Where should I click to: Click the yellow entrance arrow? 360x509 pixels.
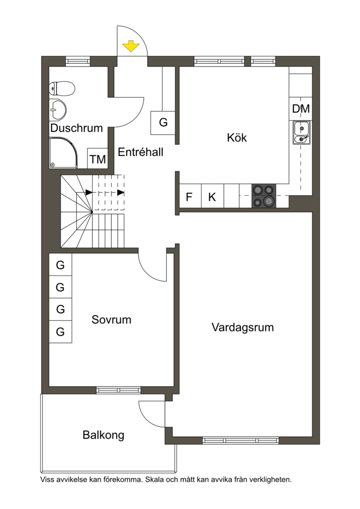(x=131, y=46)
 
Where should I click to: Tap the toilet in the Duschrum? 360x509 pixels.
(x=62, y=88)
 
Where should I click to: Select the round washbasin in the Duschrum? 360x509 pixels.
(x=58, y=109)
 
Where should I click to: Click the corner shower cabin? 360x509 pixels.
(x=63, y=153)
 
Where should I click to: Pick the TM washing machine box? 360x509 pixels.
(x=98, y=159)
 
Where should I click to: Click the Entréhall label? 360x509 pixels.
(x=140, y=152)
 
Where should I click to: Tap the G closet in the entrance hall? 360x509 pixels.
(x=163, y=123)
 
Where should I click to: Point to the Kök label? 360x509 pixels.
(x=237, y=137)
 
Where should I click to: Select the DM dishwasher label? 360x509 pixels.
(x=301, y=109)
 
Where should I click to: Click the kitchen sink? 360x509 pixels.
(x=302, y=132)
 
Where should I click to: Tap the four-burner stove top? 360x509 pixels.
(x=264, y=196)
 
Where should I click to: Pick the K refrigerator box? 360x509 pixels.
(x=213, y=196)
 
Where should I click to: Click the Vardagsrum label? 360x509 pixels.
(x=243, y=327)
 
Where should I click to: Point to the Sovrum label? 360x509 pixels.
(x=111, y=320)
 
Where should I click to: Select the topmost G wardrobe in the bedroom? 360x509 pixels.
(x=60, y=264)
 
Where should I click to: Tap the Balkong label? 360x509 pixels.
(x=103, y=435)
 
